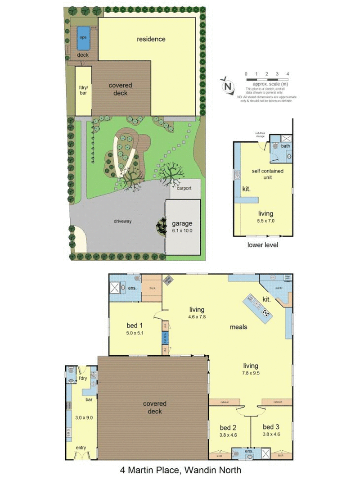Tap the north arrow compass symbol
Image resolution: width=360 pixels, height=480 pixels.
coord(228,86)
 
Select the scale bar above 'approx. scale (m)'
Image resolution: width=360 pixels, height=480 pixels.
coord(266,79)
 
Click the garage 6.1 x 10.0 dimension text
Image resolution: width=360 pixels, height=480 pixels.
coord(182,231)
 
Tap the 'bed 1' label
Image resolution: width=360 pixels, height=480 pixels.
coord(135,326)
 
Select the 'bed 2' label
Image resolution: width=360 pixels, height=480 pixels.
coord(228,427)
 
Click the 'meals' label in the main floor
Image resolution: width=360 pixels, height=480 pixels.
coord(238,327)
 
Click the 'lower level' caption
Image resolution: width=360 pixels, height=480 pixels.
coord(263,245)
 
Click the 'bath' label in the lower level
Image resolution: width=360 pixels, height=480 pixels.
coord(285,146)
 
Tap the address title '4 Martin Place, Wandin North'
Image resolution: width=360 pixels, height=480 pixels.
coord(180,470)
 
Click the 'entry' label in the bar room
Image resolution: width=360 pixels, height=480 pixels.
coord(81,448)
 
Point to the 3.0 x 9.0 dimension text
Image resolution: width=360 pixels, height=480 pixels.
coord(84,417)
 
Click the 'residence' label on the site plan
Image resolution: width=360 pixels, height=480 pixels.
coord(151,39)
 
